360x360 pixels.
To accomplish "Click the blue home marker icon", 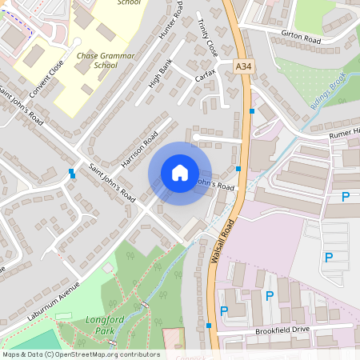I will coord(180,173).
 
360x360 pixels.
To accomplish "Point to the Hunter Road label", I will coord(172,21).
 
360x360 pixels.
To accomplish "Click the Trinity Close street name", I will coord(206,37).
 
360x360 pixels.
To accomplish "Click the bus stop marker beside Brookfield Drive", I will coord(209,326).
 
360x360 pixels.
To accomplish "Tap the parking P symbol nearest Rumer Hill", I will coord(346,197).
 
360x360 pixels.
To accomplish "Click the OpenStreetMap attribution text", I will coord(80,354).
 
